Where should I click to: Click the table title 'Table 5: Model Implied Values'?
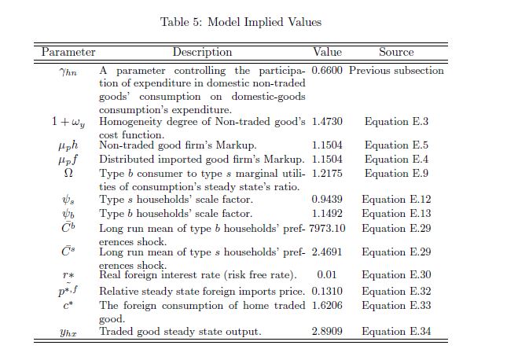(241, 22)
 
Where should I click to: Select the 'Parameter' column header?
(68, 52)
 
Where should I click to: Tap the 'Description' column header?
(202, 52)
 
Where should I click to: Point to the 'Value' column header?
(327, 52)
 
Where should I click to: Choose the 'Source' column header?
(396, 52)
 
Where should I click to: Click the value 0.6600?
(327, 71)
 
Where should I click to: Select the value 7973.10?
(327, 228)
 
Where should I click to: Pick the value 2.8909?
(327, 332)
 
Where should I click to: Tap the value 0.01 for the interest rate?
(327, 275)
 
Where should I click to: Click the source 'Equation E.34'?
(396, 332)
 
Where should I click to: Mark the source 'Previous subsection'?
(396, 71)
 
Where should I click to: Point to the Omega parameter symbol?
(68, 173)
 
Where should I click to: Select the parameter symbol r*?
(68, 275)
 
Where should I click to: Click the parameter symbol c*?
(68, 305)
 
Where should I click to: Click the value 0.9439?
(327, 200)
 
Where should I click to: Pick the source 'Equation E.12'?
(396, 200)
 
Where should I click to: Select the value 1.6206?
(327, 305)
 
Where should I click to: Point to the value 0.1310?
(327, 290)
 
